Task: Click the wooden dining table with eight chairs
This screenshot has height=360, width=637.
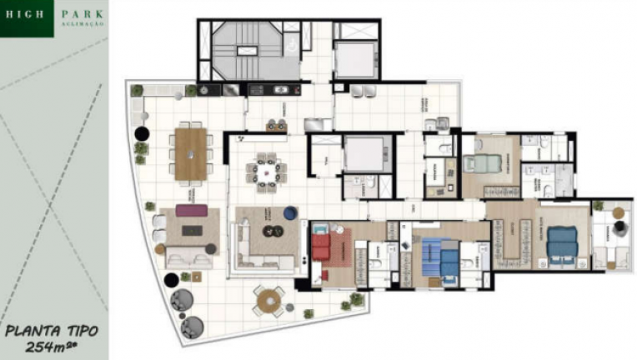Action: click(x=191, y=153)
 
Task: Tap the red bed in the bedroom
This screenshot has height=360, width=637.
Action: click(x=321, y=247)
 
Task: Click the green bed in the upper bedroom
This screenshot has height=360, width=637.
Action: click(x=481, y=165)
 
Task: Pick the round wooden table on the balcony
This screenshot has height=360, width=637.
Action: click(x=268, y=300)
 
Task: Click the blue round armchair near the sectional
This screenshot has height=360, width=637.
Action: click(x=289, y=213)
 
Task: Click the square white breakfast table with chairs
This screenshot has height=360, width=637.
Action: click(x=266, y=170)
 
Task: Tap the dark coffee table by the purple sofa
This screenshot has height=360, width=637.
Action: click(x=192, y=230)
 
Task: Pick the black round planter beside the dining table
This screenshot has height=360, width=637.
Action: click(x=143, y=132)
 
